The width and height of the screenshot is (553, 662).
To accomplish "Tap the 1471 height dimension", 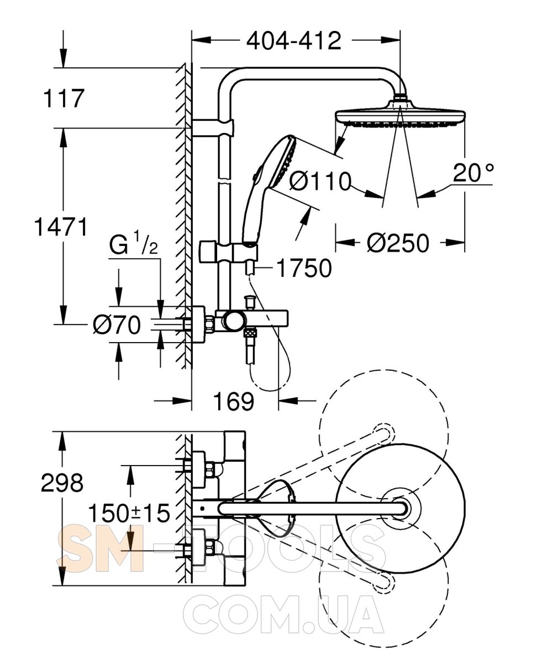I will click(x=61, y=226).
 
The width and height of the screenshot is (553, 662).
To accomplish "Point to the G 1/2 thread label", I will click(x=133, y=246).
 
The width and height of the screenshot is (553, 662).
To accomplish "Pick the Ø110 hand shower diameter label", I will click(x=320, y=180).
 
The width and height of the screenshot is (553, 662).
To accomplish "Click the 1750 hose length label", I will click(x=304, y=268).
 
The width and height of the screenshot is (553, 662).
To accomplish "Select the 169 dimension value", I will click(x=234, y=402).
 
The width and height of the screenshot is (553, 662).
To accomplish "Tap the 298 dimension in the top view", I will click(x=62, y=483).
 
